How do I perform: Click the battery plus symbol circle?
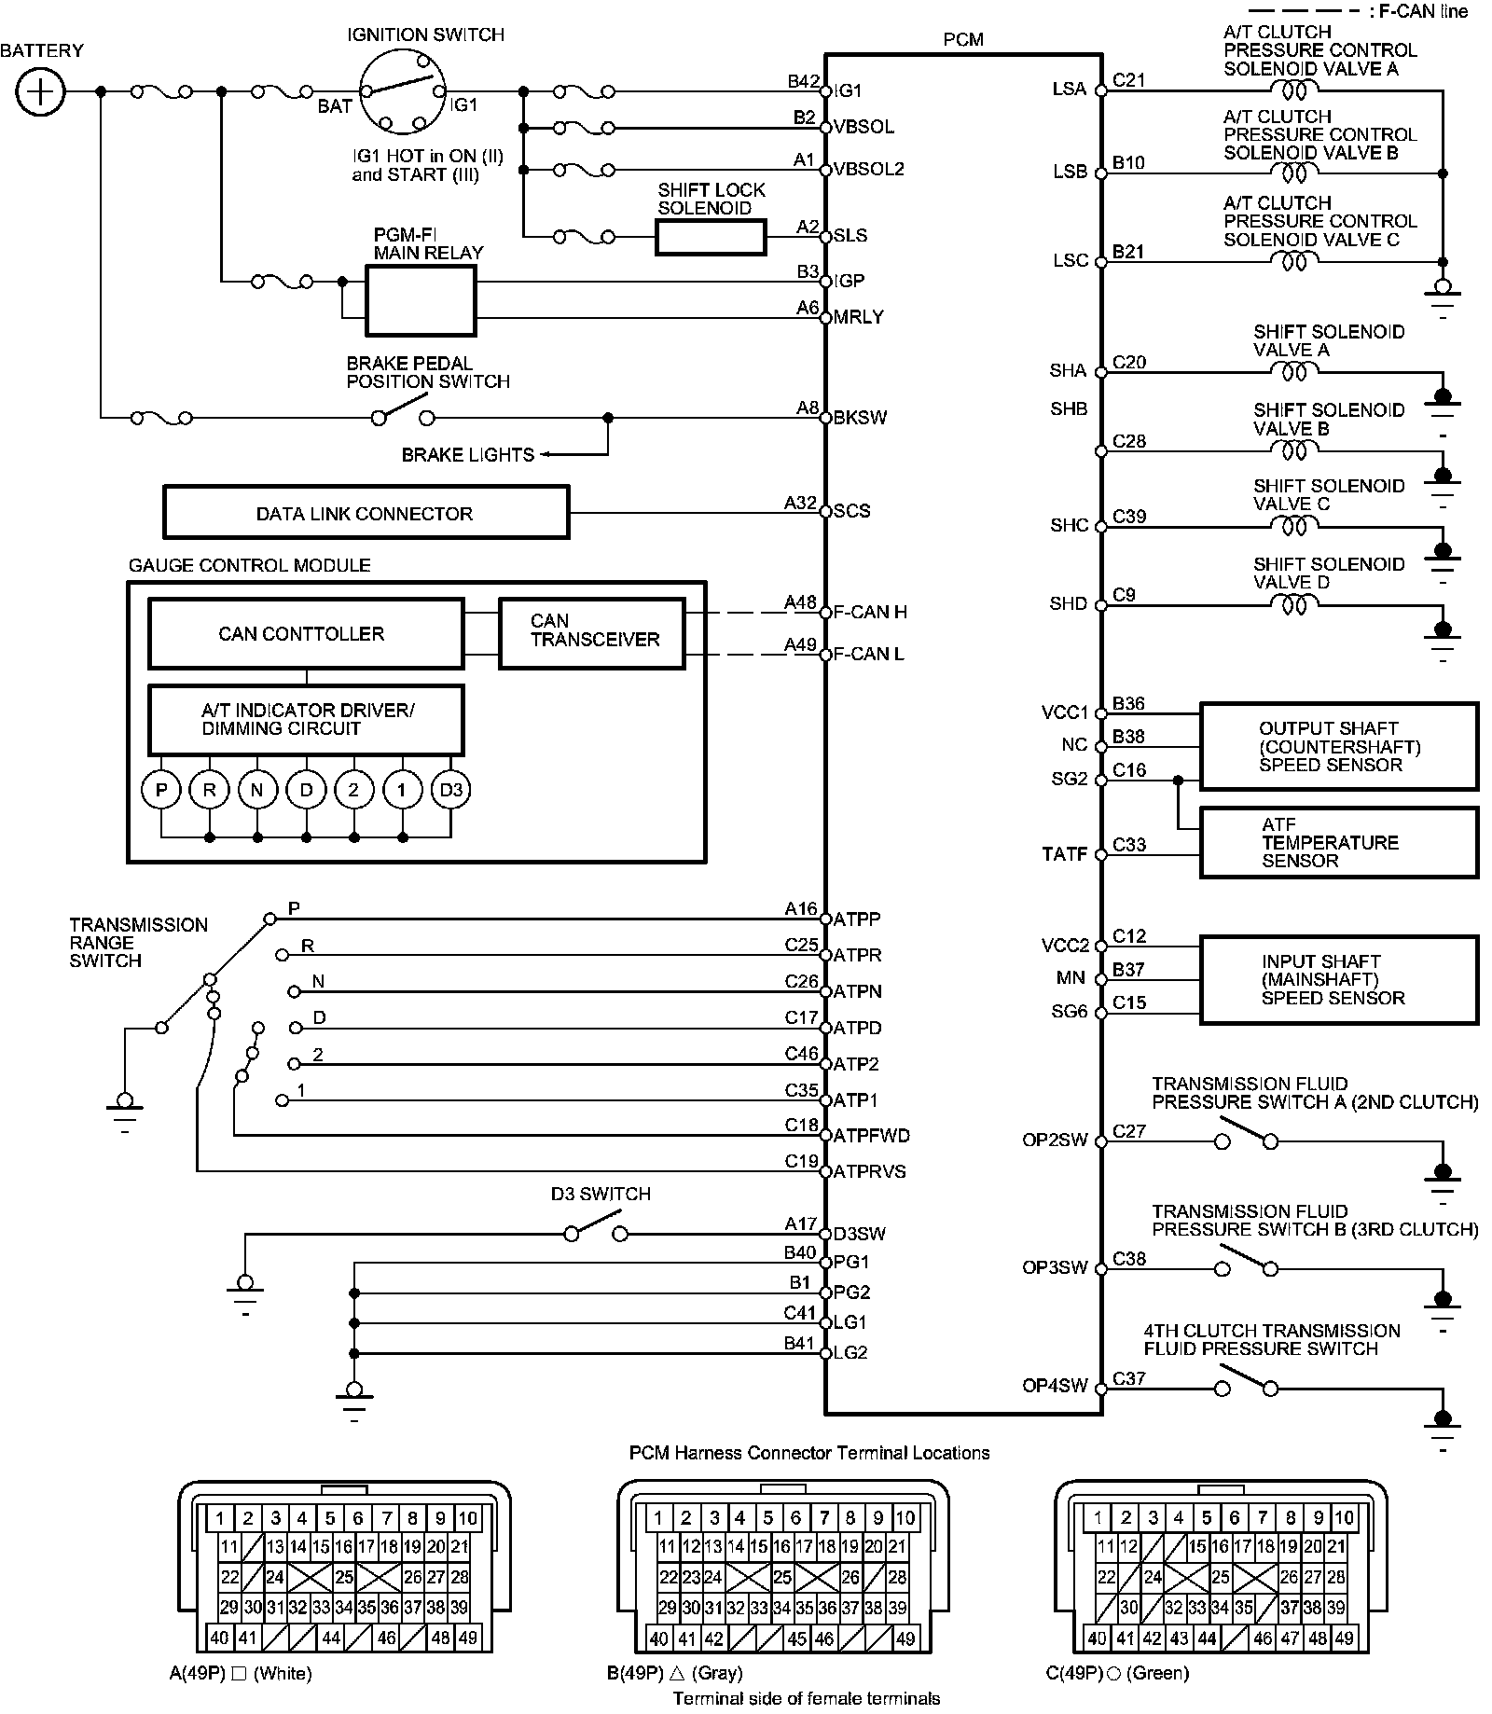click(40, 91)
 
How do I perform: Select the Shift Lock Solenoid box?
click(711, 237)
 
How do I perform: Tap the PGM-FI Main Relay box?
click(421, 300)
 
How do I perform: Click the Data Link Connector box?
click(366, 513)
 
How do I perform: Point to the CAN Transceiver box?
click(592, 634)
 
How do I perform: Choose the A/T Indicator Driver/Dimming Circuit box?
click(306, 720)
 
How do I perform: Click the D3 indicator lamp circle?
click(451, 791)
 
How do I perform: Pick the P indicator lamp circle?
click(161, 791)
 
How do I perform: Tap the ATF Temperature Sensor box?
click(1338, 842)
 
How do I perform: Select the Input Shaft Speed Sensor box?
click(1338, 980)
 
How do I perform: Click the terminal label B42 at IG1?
click(802, 81)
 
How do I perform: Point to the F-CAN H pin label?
click(870, 613)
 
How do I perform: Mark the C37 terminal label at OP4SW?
click(1128, 1378)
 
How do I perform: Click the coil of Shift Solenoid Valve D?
click(1295, 605)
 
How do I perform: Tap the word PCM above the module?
click(963, 39)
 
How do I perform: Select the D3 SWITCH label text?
click(601, 1194)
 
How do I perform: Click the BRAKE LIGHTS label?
click(468, 455)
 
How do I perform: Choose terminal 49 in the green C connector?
click(1344, 1638)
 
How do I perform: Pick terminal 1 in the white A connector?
click(220, 1518)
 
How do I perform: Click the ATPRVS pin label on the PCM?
click(870, 1172)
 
